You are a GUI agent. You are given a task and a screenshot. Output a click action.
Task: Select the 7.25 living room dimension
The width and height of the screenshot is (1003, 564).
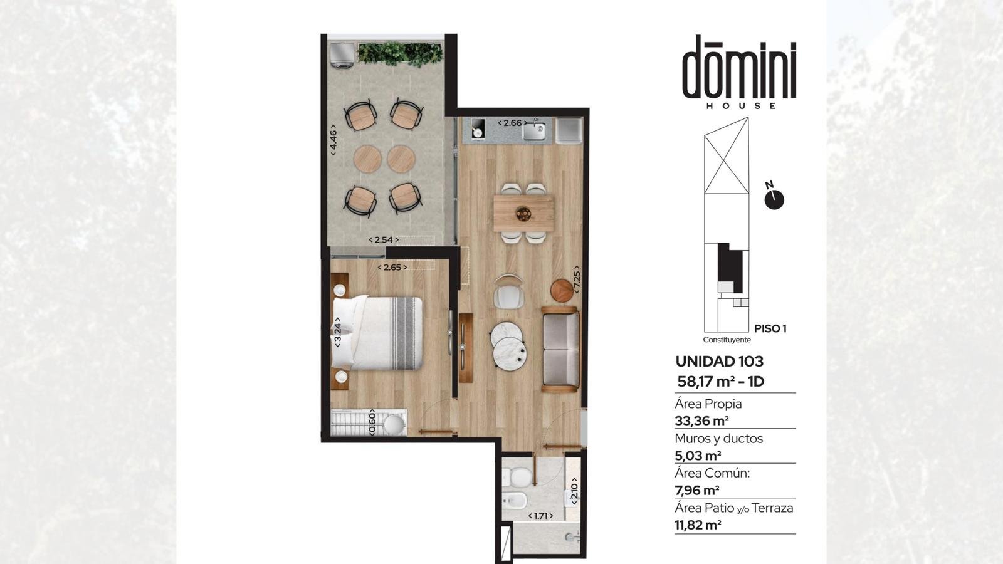point(577,279)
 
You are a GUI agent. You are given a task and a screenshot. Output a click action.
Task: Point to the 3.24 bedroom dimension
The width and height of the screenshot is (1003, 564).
point(338,332)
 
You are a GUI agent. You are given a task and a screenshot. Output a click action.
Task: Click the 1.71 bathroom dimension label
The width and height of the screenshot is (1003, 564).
point(540,516)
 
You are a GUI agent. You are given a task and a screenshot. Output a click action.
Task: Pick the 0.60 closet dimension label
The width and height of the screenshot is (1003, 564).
point(372,422)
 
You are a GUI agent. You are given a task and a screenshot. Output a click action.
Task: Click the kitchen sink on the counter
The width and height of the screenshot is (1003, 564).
point(533,131)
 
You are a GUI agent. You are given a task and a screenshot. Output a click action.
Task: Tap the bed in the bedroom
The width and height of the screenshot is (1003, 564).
point(377,333)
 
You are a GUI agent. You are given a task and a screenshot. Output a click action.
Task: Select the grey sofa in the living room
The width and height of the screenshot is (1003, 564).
point(560,349)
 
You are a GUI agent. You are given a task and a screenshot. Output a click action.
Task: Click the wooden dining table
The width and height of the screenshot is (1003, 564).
point(523,213)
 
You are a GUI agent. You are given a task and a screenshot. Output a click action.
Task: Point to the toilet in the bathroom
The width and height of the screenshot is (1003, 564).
point(517,478)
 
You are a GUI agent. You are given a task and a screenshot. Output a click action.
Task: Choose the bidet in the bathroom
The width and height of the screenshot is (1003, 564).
point(515,500)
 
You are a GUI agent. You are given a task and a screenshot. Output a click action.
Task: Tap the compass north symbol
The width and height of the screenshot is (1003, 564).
point(774,197)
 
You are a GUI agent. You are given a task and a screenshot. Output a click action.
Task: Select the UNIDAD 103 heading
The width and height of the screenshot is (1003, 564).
point(719,361)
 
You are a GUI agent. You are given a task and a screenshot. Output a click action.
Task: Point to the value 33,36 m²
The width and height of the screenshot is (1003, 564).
point(701,420)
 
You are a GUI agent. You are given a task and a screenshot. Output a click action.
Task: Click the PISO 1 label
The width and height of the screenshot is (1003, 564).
point(770,328)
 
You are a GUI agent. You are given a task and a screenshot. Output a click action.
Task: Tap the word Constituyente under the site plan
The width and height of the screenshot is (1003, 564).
point(727,340)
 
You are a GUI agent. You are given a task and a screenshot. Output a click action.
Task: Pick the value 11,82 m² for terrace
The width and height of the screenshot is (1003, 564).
point(698,525)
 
